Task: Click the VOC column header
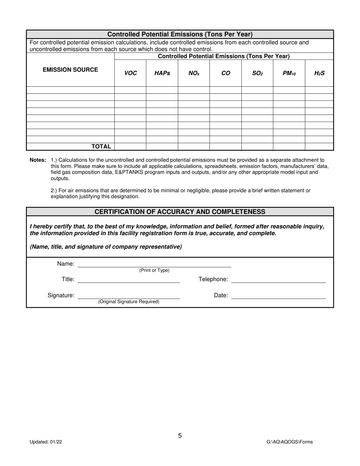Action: [130, 73]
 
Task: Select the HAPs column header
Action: [162, 73]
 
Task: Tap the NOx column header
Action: [194, 73]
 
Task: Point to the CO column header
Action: [225, 73]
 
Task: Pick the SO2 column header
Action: [257, 73]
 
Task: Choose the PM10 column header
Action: [289, 73]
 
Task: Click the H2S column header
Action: [319, 73]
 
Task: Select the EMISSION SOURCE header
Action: [70, 70]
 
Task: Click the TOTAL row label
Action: [101, 147]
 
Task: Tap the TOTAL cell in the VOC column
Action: [130, 147]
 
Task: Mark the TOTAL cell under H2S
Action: [319, 147]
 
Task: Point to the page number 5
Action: [180, 436]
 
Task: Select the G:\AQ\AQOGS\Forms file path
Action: [290, 442]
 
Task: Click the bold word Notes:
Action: [38, 160]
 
